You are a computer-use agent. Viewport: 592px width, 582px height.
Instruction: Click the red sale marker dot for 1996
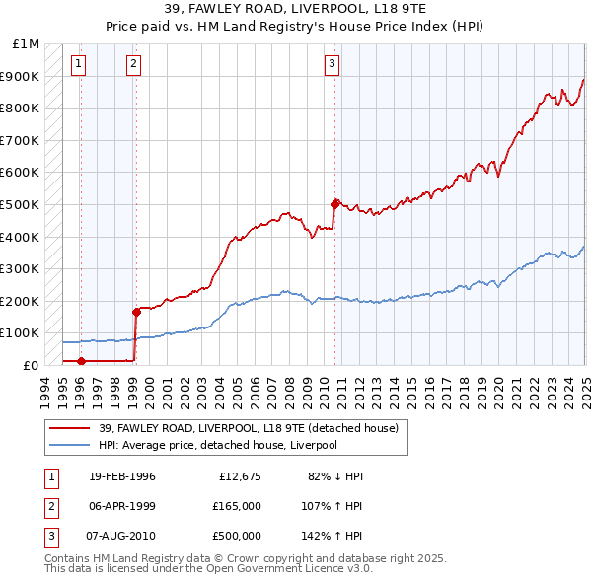[x=80, y=361]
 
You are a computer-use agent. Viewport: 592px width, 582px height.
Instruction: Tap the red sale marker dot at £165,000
[x=135, y=312]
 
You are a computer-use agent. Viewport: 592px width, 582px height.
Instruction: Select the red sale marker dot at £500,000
[x=334, y=204]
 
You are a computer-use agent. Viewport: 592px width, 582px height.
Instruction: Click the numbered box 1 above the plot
[x=78, y=65]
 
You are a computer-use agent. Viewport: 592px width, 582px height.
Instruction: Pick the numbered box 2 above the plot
[x=133, y=65]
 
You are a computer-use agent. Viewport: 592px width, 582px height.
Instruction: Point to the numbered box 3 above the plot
[x=333, y=65]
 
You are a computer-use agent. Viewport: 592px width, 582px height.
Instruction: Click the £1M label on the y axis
[x=27, y=44]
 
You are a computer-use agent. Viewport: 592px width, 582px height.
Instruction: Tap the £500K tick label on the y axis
[x=21, y=204]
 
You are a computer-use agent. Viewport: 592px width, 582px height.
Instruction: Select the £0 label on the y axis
[x=31, y=365]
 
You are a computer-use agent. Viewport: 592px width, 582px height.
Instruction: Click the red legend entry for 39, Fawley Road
[x=247, y=428]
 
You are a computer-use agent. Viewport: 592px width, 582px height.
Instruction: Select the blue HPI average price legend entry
[x=217, y=445]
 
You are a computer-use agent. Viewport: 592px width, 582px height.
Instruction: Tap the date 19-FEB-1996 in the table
[x=122, y=476]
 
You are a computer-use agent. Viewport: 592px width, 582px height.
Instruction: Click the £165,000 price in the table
[x=237, y=506]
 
